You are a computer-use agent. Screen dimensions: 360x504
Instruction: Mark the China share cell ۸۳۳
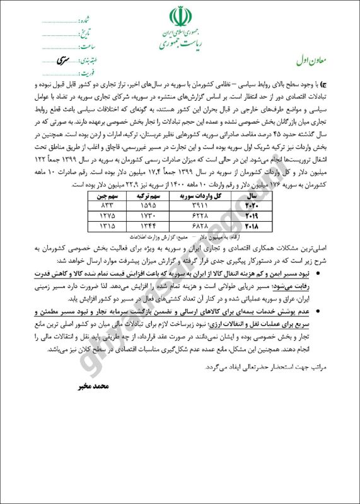105,206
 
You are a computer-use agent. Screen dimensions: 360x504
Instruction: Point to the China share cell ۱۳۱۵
105,225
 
